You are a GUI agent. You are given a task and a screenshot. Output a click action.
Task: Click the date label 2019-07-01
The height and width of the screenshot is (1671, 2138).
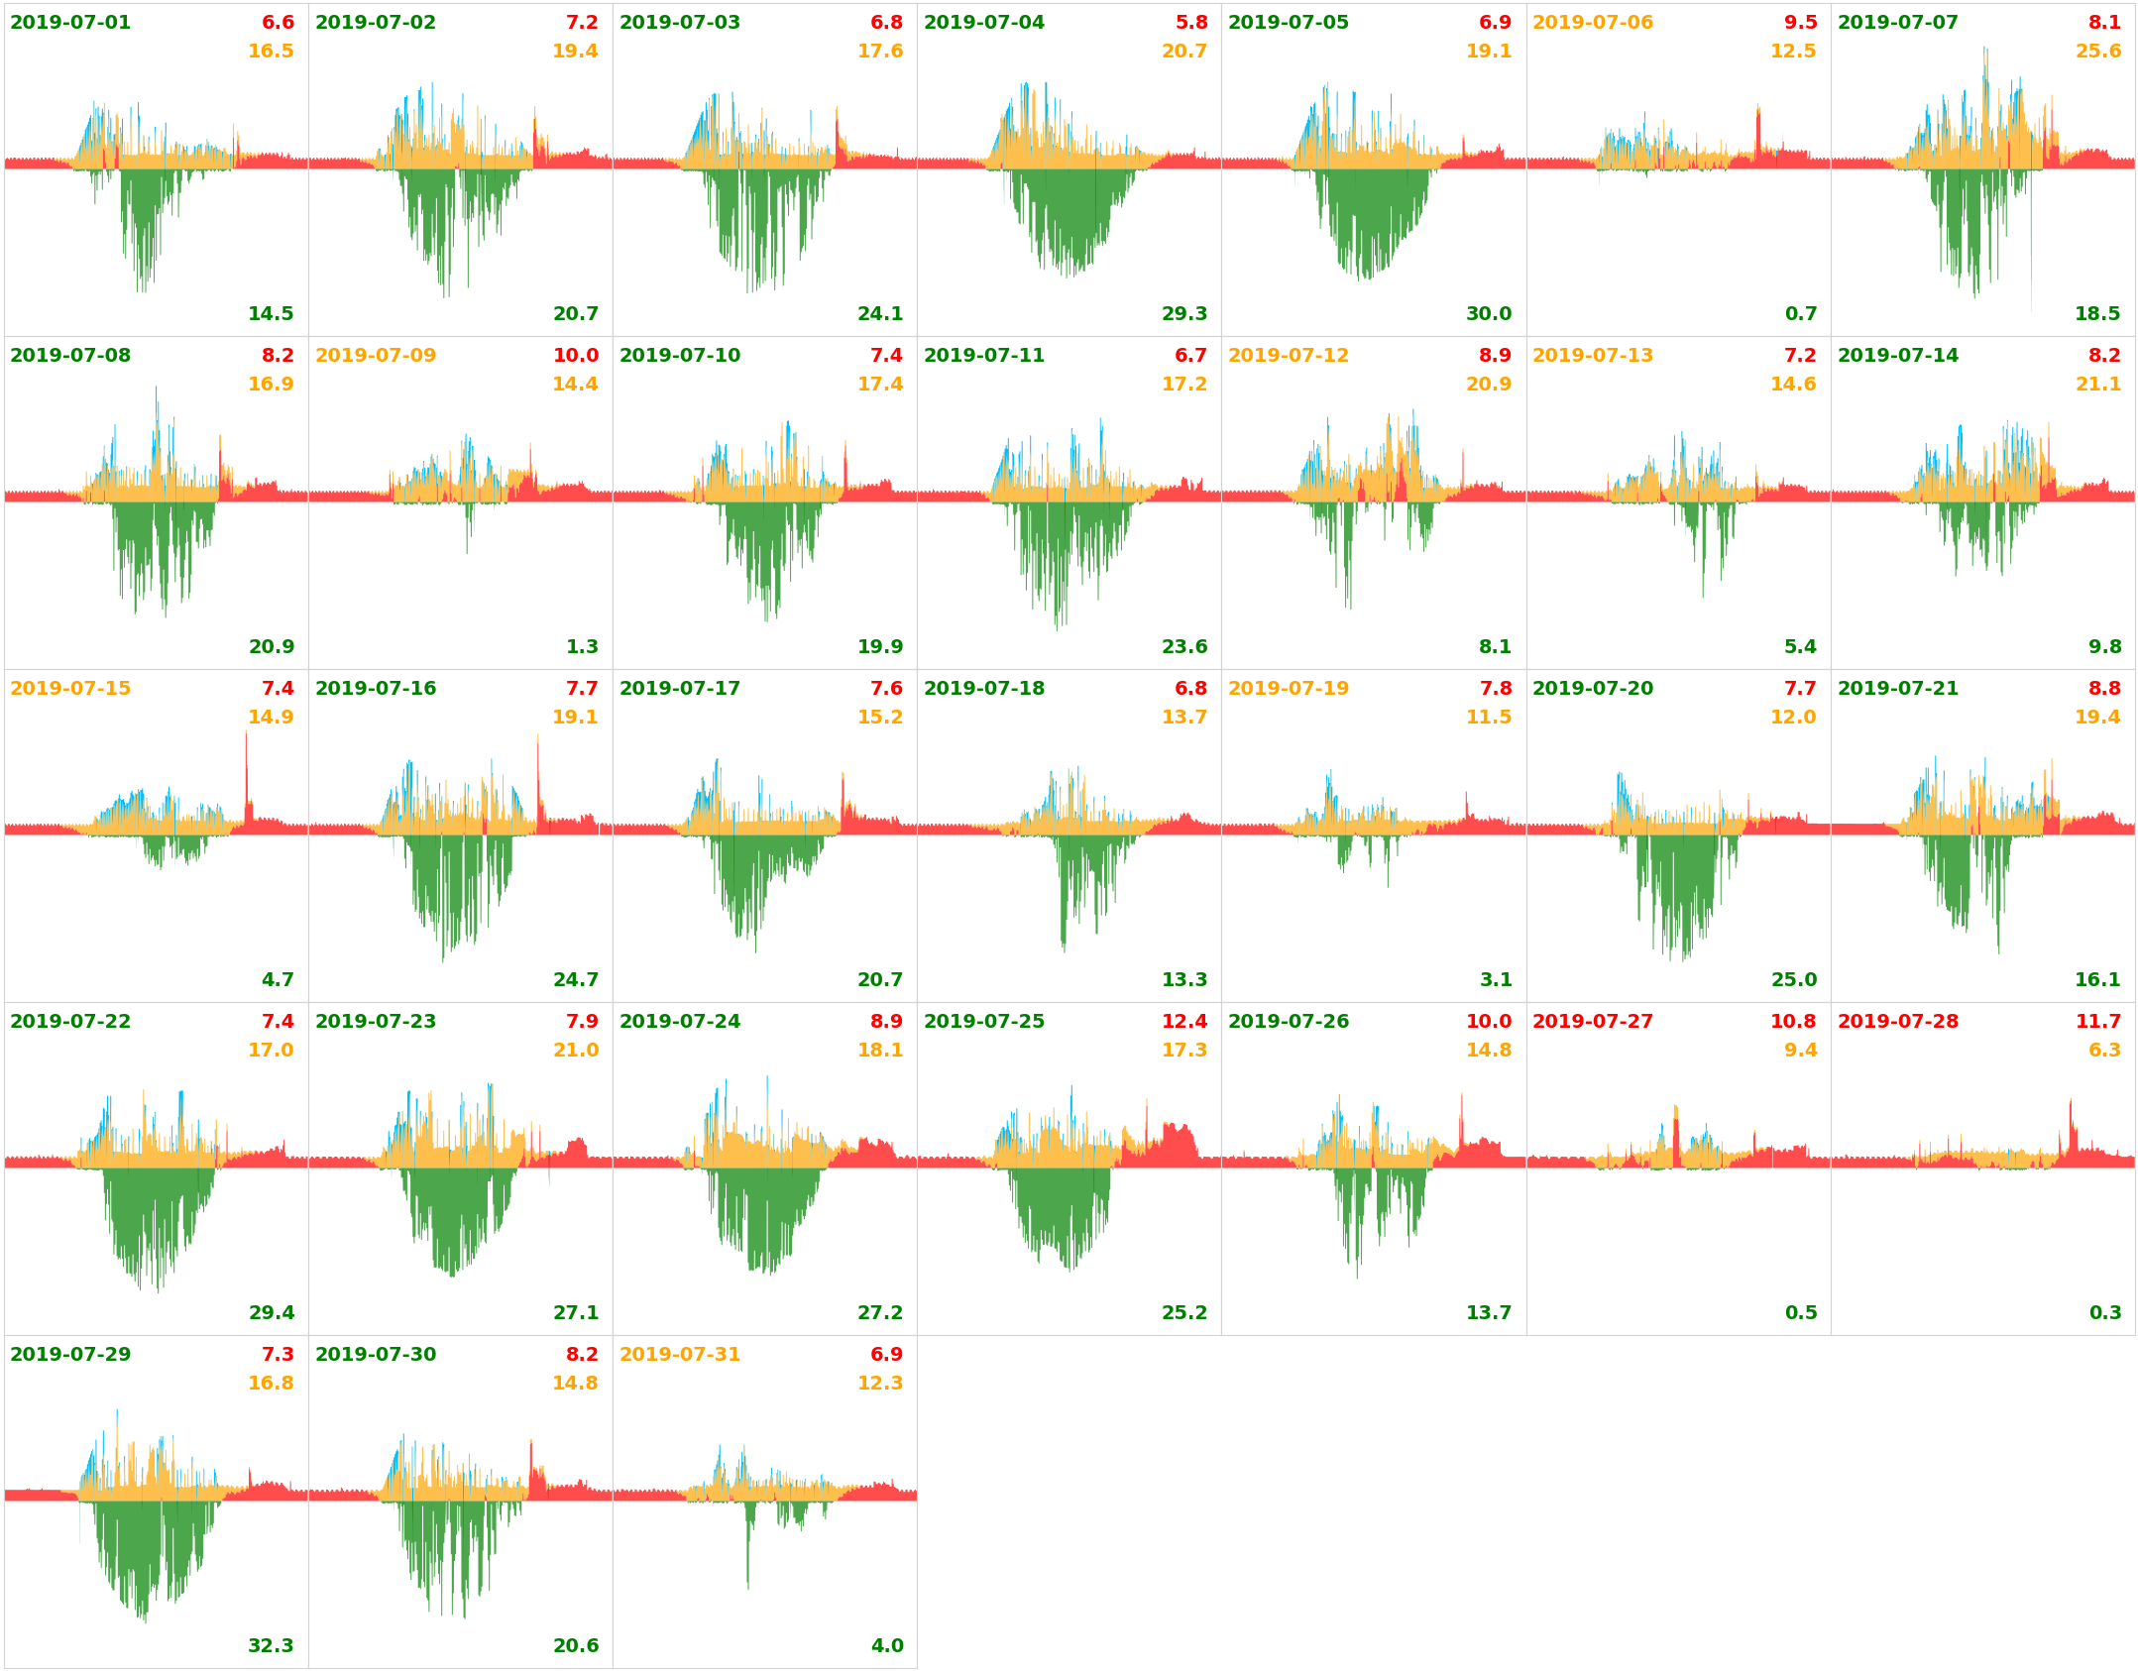click(69, 22)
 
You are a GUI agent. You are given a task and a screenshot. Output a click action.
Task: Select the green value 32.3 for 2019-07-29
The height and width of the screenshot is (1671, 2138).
click(271, 1645)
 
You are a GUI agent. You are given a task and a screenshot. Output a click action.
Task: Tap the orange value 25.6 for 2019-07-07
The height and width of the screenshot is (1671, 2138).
click(2098, 51)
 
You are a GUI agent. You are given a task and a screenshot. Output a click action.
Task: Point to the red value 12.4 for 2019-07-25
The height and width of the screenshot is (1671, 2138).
click(1184, 1021)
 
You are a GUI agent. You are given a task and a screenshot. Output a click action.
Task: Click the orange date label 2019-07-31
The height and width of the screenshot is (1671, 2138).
click(679, 1354)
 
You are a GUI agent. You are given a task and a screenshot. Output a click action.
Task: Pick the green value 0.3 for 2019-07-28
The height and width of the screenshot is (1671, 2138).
click(2105, 1312)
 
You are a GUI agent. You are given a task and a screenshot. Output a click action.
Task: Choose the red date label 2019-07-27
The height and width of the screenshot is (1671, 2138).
click(1593, 1021)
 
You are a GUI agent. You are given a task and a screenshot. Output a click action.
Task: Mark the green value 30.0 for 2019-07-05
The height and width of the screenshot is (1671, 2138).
click(1489, 313)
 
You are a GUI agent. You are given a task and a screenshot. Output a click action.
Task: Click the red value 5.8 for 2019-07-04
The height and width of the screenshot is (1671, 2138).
click(1191, 22)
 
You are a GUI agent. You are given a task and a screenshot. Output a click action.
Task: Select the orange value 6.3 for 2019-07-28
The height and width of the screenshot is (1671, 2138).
click(2105, 1050)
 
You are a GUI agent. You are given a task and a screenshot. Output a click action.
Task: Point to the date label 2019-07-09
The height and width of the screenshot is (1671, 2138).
click(376, 355)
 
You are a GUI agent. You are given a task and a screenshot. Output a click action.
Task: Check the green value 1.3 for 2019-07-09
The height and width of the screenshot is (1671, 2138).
click(583, 646)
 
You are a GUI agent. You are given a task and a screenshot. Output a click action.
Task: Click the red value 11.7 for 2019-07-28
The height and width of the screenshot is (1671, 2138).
click(2098, 1021)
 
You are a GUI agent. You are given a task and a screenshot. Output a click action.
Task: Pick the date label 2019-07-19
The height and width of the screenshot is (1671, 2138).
click(1289, 688)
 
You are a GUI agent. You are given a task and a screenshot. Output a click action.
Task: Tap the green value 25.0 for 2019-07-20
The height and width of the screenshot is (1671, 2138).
click(1794, 979)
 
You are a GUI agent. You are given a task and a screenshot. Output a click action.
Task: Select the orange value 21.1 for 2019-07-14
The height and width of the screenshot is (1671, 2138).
click(2098, 384)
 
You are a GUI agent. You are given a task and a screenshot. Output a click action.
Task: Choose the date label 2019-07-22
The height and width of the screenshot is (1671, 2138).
click(69, 1021)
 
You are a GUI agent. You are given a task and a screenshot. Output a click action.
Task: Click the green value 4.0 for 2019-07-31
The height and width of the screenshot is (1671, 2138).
click(887, 1645)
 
